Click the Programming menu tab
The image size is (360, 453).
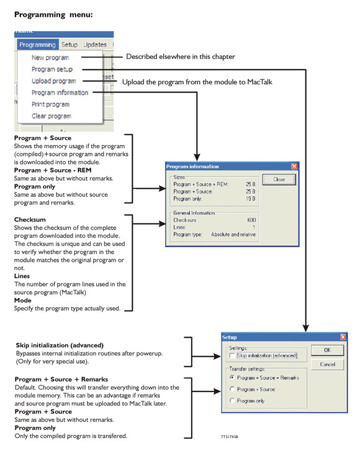[37, 45]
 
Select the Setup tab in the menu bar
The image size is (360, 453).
[70, 45]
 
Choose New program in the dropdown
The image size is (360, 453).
[50, 58]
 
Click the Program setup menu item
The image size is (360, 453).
[52, 70]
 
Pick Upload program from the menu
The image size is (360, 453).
[53, 81]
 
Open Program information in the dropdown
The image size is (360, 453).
[60, 92]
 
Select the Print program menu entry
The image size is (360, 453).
[50, 104]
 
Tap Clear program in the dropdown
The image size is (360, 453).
[51, 116]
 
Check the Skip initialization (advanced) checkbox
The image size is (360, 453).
[232, 356]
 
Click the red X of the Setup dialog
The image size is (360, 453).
[343, 337]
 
